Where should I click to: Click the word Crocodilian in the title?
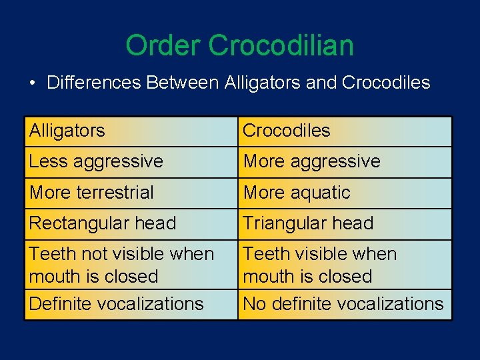pyautogui.click(x=281, y=46)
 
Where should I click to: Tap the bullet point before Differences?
pyautogui.click(x=32, y=83)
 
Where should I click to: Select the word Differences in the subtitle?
pyautogui.click(x=94, y=83)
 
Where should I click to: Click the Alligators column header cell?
pyautogui.click(x=131, y=131)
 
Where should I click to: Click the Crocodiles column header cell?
pyautogui.click(x=345, y=131)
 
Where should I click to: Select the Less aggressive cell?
pyautogui.click(x=131, y=161)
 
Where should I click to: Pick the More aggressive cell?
pyautogui.click(x=345, y=161)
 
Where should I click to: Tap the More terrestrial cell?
pyautogui.click(x=131, y=193)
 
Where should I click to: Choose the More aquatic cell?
pyautogui.click(x=345, y=193)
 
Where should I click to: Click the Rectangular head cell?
pyautogui.click(x=131, y=223)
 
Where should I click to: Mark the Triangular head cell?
pyautogui.click(x=345, y=223)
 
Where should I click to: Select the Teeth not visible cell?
pyautogui.click(x=131, y=265)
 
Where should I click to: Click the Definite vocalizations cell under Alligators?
pyautogui.click(x=131, y=304)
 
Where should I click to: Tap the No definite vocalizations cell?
pyautogui.click(x=345, y=304)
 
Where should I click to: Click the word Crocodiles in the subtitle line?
pyautogui.click(x=385, y=83)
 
